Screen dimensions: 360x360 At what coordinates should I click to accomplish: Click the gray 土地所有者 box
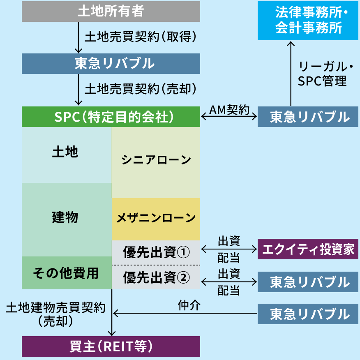111,12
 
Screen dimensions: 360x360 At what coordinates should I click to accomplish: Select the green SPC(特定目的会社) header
111,117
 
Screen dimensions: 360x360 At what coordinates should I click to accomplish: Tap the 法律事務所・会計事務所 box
309,21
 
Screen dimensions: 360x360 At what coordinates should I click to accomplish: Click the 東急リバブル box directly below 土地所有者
111,64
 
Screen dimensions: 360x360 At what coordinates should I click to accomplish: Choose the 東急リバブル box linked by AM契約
309,117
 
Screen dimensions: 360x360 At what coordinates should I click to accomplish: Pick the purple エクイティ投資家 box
309,249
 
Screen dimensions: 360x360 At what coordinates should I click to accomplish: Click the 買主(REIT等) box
111,346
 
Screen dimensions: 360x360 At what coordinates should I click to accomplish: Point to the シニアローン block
156,160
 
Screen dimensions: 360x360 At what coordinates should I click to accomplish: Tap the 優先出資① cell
156,252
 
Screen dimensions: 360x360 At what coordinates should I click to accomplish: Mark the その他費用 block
67,273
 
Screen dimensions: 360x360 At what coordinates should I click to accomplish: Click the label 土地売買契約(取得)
140,37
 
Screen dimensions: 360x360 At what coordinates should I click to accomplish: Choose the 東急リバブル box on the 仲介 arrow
309,314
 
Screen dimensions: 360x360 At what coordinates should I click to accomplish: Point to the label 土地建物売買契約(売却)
55,314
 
